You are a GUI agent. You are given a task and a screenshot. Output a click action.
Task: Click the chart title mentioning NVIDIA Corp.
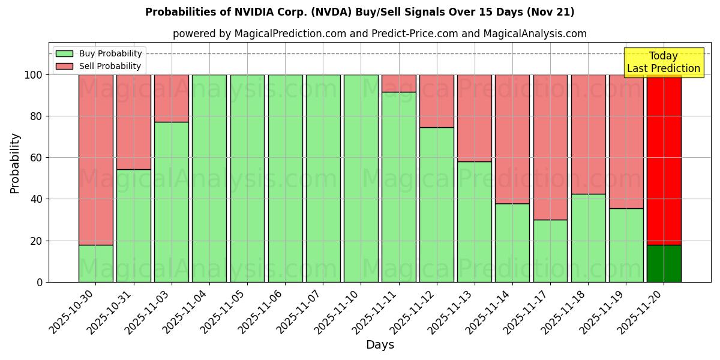[x=359, y=12]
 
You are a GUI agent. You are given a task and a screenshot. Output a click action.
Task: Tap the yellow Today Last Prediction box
[x=664, y=62]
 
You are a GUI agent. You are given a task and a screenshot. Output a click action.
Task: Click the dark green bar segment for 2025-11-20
[x=664, y=263]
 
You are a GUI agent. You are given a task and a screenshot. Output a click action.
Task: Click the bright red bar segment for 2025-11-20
[x=664, y=159]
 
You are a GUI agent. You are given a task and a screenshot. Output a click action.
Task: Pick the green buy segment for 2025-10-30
[x=95, y=263]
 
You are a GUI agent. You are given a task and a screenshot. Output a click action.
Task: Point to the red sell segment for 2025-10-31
[x=133, y=122]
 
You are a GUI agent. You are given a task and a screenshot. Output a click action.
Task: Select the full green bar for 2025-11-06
[x=285, y=178]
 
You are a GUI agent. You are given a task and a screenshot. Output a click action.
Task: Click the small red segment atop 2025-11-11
[x=398, y=83]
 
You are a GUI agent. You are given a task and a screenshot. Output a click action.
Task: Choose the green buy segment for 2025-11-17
[x=550, y=251]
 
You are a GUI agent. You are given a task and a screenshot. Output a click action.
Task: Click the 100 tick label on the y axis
[x=34, y=75]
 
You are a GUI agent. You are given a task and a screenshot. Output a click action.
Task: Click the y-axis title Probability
[x=15, y=163]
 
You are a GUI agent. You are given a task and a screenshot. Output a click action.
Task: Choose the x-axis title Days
[x=380, y=345]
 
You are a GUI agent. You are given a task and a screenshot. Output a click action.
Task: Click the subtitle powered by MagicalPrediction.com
[x=379, y=34]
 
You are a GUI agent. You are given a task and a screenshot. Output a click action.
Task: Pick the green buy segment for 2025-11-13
[x=475, y=221]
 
